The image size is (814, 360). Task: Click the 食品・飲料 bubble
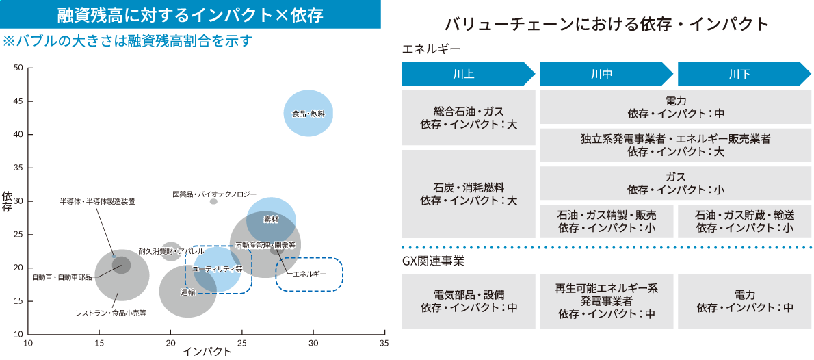point(308,113)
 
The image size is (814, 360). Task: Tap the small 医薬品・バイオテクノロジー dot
point(213,201)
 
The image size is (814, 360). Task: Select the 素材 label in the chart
point(271,220)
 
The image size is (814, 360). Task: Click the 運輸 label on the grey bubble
point(187,292)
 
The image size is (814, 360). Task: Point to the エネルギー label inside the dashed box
point(309,274)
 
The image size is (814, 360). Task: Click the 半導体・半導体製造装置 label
point(97,201)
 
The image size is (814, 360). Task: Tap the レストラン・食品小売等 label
point(111,313)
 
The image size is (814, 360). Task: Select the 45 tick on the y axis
point(18,101)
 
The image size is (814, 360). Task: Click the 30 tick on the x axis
point(313,342)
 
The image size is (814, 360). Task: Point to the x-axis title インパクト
point(207,352)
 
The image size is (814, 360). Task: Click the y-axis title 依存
point(8,201)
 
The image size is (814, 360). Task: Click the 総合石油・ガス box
point(469,118)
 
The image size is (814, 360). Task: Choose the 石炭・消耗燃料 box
point(469,194)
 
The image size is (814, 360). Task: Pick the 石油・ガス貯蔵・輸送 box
point(744,221)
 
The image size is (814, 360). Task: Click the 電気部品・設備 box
point(469,301)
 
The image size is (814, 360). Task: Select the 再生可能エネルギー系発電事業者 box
point(606,301)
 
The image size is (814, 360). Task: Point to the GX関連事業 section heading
point(434,261)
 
